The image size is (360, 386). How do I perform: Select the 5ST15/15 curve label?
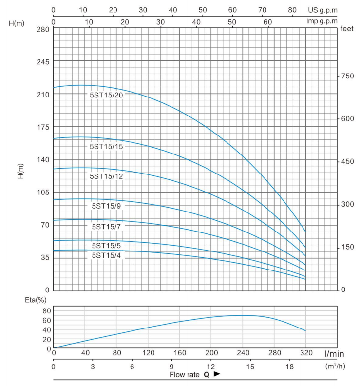point(106,146)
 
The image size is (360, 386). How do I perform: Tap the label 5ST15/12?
point(106,176)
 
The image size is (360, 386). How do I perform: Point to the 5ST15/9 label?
point(106,206)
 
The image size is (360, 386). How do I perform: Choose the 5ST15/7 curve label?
point(106,226)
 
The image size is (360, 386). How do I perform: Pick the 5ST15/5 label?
point(106,245)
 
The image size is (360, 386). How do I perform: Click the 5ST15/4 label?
point(106,255)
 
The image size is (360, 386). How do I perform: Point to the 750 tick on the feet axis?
point(347,76)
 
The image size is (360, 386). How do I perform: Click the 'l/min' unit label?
point(336,352)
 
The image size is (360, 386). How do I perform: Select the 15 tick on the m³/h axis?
point(250,365)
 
